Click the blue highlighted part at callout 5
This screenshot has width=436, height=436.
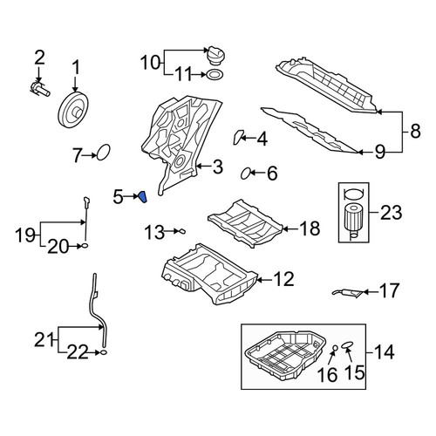(x=142, y=197)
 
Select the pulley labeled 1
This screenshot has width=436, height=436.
(x=75, y=109)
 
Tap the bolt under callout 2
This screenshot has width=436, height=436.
(x=40, y=88)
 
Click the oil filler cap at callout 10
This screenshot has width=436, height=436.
(x=215, y=55)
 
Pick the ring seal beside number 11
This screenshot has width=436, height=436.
(x=215, y=74)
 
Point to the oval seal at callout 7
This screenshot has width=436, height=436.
(x=104, y=153)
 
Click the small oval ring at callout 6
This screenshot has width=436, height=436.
(x=246, y=174)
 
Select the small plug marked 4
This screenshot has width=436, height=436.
(x=238, y=137)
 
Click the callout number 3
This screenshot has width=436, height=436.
(x=218, y=167)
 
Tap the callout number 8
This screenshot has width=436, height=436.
(x=416, y=131)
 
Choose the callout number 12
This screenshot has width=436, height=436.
(x=283, y=279)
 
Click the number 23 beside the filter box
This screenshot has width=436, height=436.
(x=392, y=213)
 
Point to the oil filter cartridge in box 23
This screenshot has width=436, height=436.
(x=353, y=221)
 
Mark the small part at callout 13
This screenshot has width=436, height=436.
(x=182, y=231)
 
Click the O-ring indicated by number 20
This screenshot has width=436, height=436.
(x=85, y=246)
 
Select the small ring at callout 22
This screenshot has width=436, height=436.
(x=104, y=352)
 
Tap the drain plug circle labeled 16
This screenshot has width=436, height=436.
(x=335, y=347)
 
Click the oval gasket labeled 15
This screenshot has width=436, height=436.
(x=347, y=344)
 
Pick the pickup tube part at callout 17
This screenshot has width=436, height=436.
(x=348, y=293)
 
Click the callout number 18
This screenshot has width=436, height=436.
(x=310, y=228)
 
